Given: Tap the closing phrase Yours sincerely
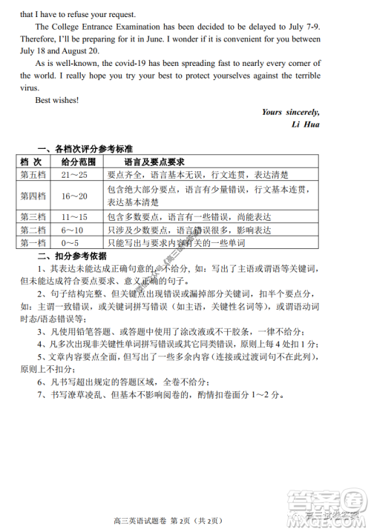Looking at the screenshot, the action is point(291,112).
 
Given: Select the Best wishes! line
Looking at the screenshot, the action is point(56,100).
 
